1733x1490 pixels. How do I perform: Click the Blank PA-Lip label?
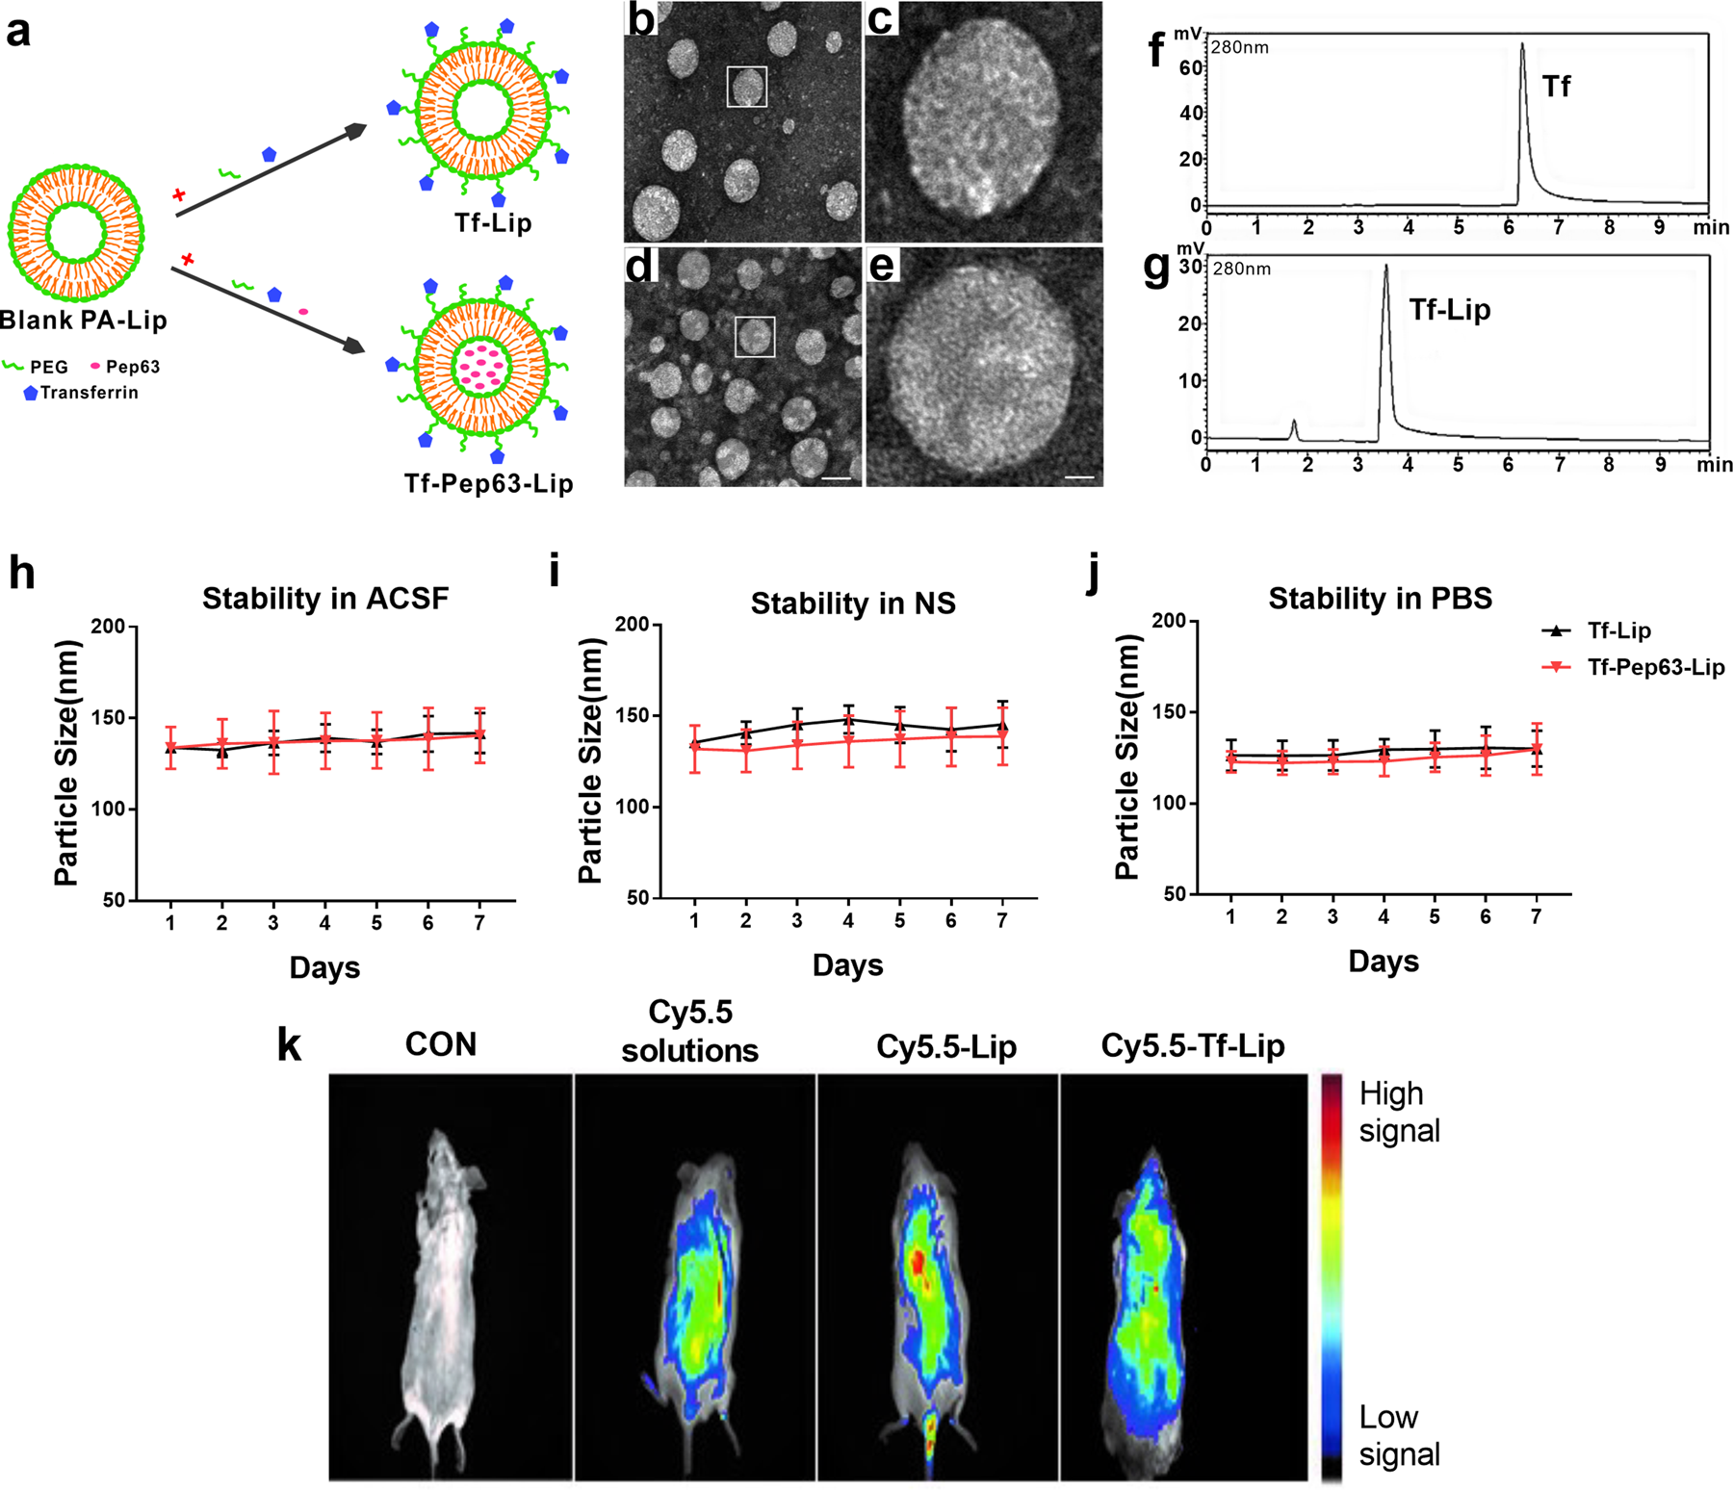pyautogui.click(x=85, y=321)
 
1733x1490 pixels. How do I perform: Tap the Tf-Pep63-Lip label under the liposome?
pyautogui.click(x=488, y=483)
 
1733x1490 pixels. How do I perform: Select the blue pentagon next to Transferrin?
pyautogui.click(x=31, y=393)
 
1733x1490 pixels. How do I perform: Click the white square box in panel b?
pyautogui.click(x=746, y=86)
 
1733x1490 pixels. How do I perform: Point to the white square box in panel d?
pyautogui.click(x=755, y=338)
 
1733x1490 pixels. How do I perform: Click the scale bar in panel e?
pyautogui.click(x=1079, y=476)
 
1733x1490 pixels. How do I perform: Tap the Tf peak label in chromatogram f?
pyautogui.click(x=1556, y=88)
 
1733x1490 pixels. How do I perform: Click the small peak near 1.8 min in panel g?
pyautogui.click(x=1294, y=427)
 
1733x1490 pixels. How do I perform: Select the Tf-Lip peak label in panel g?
pyautogui.click(x=1449, y=310)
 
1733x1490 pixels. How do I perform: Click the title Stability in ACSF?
pyautogui.click(x=325, y=599)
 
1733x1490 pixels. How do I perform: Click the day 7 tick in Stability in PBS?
pyautogui.click(x=1536, y=916)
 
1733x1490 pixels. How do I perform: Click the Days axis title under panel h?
pyautogui.click(x=324, y=967)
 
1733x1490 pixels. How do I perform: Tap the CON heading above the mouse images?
pyautogui.click(x=440, y=1044)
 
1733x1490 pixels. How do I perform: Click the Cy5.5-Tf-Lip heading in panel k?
pyautogui.click(x=1192, y=1046)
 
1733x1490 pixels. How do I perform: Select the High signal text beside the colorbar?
pyautogui.click(x=1398, y=1112)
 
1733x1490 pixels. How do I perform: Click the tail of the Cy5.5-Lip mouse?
pyautogui.click(x=930, y=1434)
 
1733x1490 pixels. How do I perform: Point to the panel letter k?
pyautogui.click(x=289, y=1045)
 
